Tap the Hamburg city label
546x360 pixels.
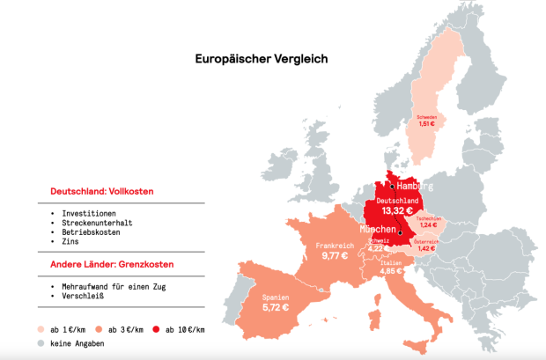click(415, 187)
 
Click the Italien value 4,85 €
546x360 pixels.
click(393, 271)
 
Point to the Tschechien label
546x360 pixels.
click(429, 218)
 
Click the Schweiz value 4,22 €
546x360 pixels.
click(378, 248)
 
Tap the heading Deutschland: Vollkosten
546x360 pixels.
click(94, 192)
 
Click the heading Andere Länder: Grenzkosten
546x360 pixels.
click(105, 264)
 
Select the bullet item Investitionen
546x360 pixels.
click(92, 214)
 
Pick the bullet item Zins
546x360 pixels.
click(75, 240)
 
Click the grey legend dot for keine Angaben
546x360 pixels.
click(41, 343)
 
